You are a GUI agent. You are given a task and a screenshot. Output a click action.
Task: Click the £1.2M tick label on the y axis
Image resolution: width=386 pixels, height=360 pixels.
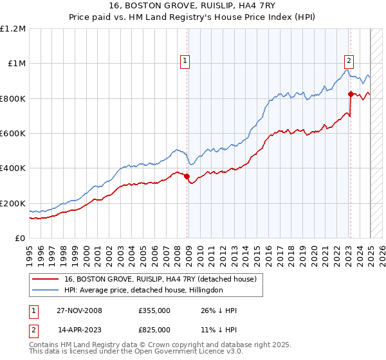coord(14,28)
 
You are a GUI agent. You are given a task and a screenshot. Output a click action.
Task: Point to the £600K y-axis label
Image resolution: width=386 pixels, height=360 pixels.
coord(14,133)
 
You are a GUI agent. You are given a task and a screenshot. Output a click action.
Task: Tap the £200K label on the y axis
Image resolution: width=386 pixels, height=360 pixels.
coord(14,203)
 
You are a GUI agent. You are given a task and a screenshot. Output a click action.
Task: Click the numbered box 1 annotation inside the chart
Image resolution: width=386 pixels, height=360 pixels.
coord(185,61)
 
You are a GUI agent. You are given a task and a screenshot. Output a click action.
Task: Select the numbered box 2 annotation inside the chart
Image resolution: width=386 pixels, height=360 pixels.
coord(349,61)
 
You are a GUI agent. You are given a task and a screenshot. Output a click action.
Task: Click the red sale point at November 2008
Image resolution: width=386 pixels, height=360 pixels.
coord(187,176)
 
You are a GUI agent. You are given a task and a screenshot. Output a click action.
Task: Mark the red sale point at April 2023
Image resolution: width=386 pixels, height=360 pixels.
coord(351,94)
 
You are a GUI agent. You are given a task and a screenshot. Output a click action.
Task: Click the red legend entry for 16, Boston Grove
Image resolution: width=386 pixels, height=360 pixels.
coord(160,279)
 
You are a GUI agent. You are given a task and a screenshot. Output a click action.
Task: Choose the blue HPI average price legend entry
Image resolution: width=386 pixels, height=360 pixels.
coord(143,291)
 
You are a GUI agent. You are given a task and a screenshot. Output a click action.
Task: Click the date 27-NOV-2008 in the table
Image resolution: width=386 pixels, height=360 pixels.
coord(79,310)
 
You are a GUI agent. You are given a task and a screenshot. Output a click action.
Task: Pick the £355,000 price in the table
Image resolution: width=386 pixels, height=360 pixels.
coord(154,310)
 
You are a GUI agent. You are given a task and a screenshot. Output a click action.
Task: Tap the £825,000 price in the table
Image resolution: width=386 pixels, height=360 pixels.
coord(154,330)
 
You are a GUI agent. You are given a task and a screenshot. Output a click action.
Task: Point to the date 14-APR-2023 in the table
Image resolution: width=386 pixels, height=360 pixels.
coord(79,330)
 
